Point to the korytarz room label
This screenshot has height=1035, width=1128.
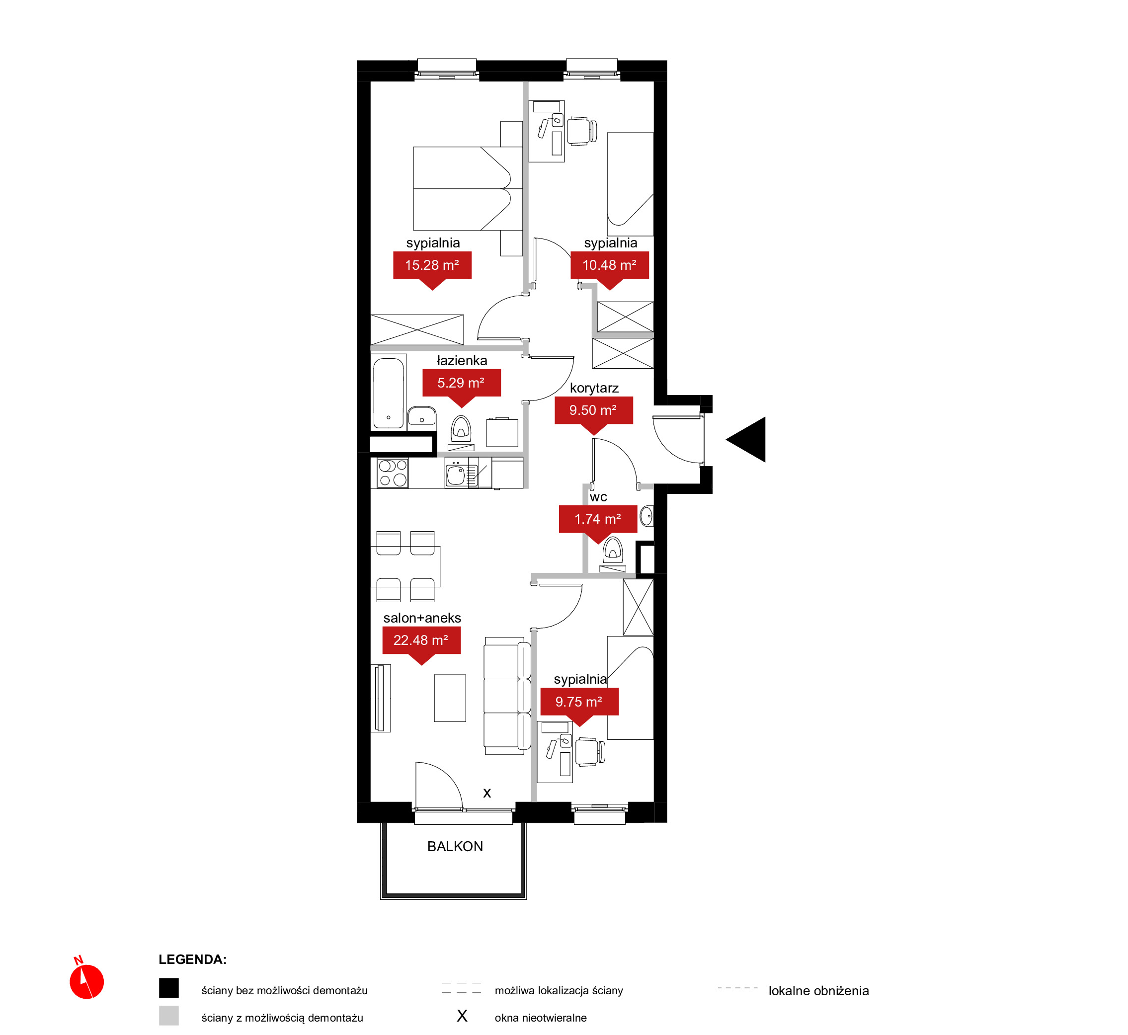click(x=594, y=388)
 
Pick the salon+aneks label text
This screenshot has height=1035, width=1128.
click(x=422, y=618)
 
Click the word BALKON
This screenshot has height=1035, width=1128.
click(x=455, y=846)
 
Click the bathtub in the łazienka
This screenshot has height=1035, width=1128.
click(x=389, y=393)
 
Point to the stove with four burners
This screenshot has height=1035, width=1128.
click(x=393, y=473)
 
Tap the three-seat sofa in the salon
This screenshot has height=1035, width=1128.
click(x=507, y=695)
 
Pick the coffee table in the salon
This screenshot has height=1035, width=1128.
click(x=450, y=698)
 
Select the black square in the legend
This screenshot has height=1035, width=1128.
click(x=168, y=988)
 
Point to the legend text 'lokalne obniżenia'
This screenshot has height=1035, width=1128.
click(x=818, y=991)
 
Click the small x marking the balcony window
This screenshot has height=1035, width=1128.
click(x=486, y=793)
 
